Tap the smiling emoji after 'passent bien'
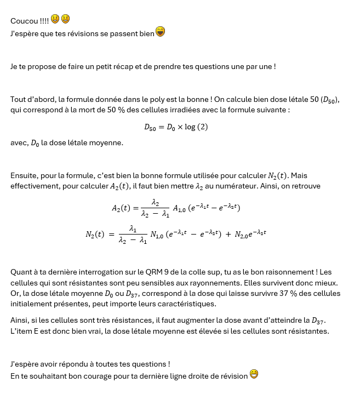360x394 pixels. (161, 31)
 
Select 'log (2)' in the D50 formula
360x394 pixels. (196, 127)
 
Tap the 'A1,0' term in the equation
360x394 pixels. (179, 208)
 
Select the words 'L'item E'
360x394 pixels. (24, 332)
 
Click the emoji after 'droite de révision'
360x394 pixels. (254, 375)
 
